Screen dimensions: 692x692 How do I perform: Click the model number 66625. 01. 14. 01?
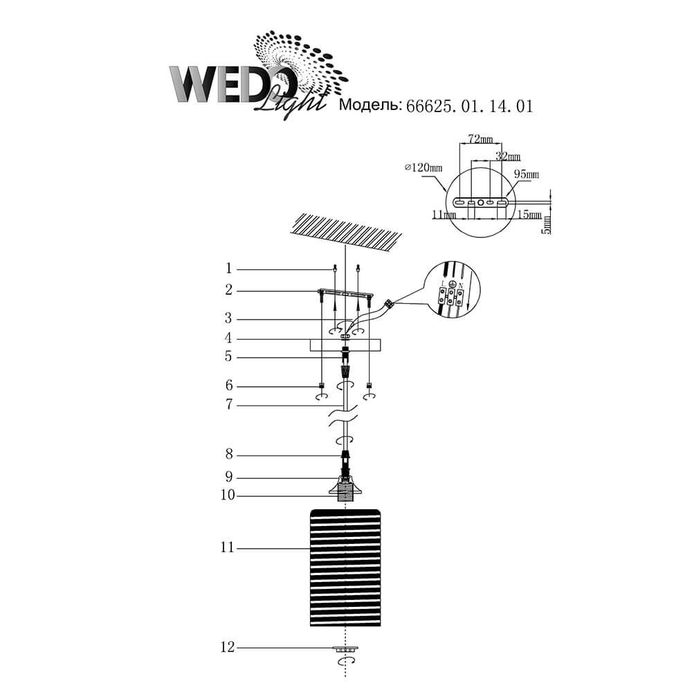click(x=470, y=107)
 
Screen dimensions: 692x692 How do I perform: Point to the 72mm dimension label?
click(x=481, y=139)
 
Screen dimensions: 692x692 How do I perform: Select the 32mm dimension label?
click(x=508, y=156)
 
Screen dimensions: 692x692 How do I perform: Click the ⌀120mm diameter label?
click(x=424, y=167)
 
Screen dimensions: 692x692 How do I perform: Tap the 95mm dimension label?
click(x=527, y=174)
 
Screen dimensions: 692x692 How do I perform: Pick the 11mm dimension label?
click(x=444, y=215)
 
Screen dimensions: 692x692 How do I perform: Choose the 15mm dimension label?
click(x=529, y=215)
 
